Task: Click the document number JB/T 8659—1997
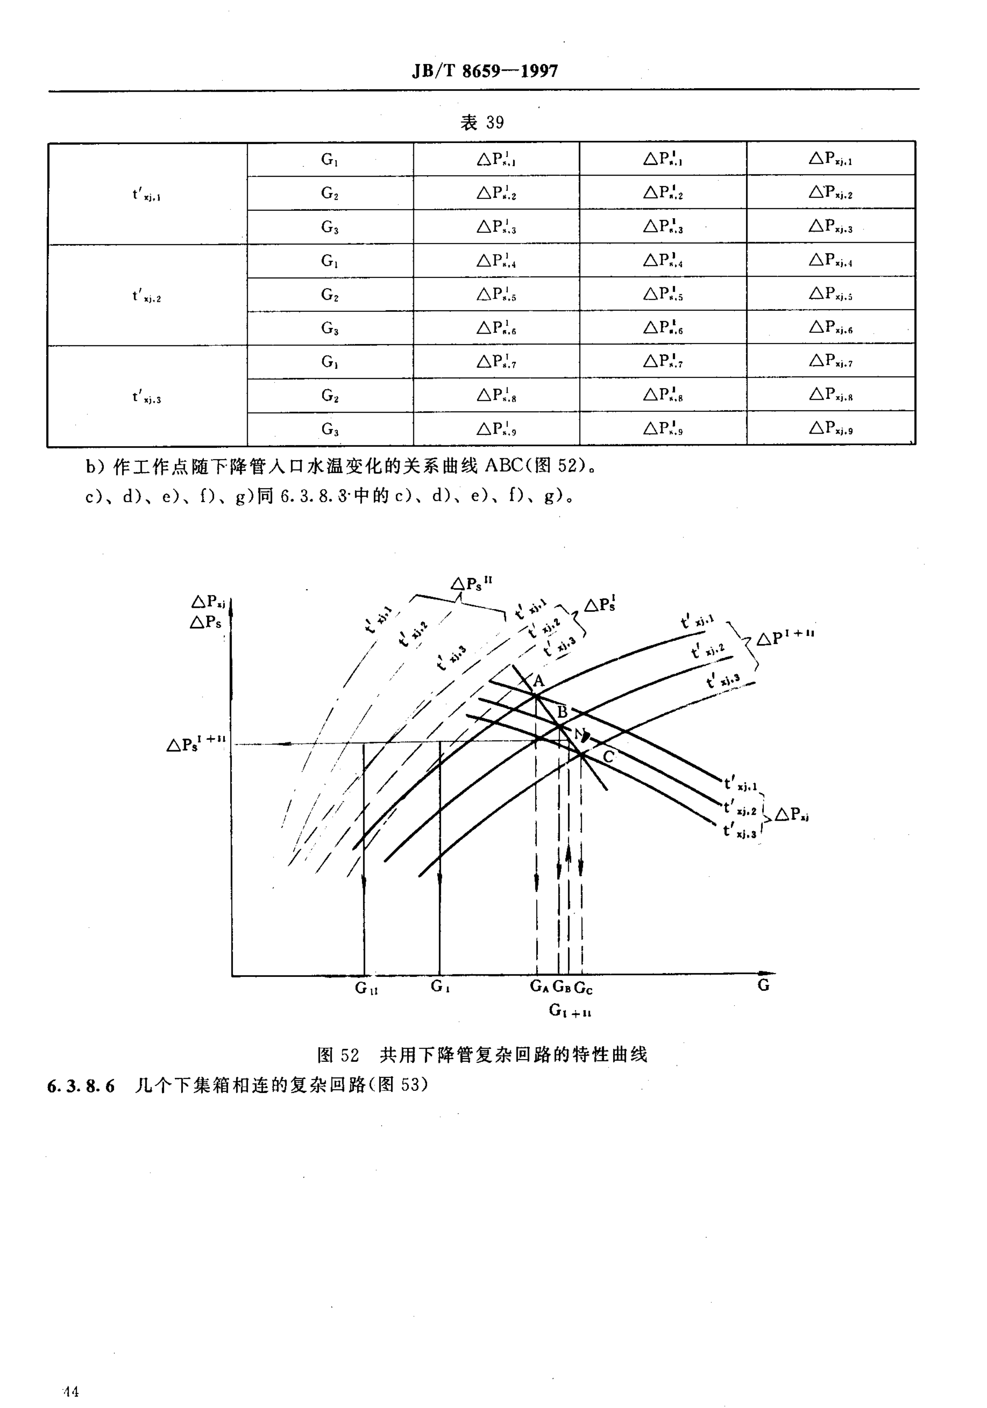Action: click(484, 72)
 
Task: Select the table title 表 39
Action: click(482, 123)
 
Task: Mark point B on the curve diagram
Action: click(559, 726)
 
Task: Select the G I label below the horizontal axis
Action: click(440, 987)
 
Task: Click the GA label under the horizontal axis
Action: click(539, 987)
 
